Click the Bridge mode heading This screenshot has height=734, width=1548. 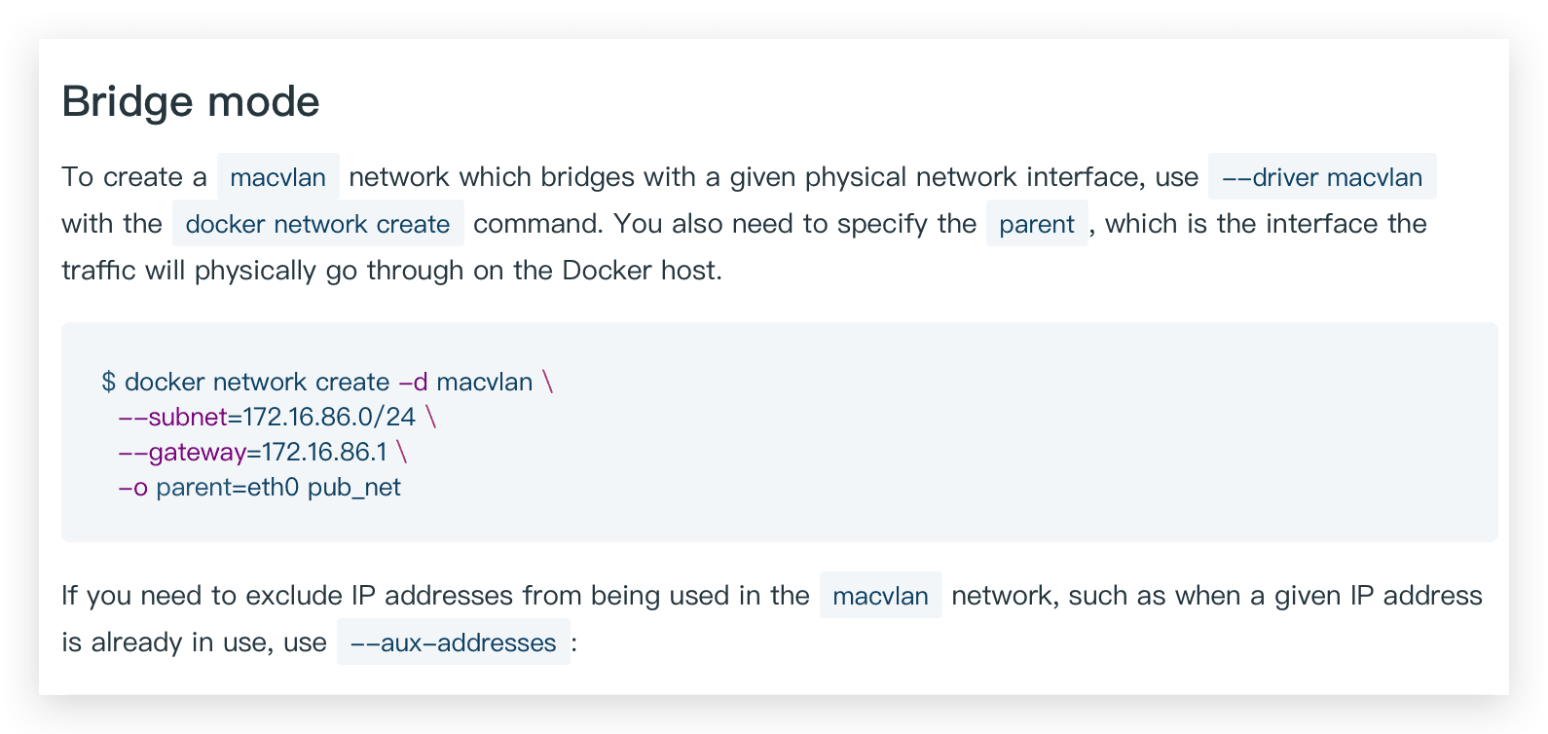coord(191,101)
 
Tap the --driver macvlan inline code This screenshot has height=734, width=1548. coord(1321,177)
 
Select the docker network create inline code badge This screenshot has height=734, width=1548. coord(317,224)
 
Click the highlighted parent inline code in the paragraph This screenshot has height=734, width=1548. coord(1037,224)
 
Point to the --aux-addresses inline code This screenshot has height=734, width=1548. coord(453,642)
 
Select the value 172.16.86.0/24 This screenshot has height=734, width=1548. coord(329,417)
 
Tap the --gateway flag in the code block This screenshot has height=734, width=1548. coord(182,452)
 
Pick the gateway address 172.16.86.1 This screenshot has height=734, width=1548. coord(317,452)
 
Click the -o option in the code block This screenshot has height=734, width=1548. coord(132,487)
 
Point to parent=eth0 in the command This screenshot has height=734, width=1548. coord(228,487)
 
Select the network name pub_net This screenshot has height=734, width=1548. coord(354,487)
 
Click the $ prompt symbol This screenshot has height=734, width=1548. coord(108,382)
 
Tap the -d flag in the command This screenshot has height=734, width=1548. coord(414,382)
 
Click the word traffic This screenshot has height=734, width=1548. coord(99,270)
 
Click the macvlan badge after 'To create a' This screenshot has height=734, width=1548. coord(277,177)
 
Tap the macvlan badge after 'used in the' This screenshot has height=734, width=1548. coord(880,595)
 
